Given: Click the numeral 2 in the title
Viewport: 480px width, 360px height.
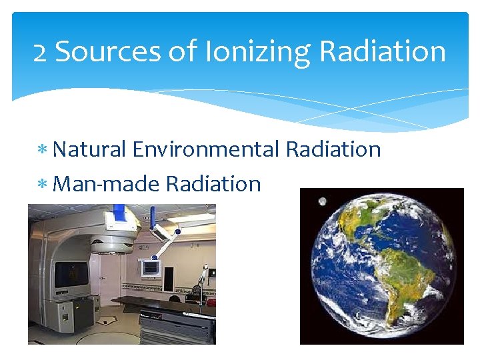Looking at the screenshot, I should [40, 52].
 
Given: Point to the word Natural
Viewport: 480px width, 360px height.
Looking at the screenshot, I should [89, 149].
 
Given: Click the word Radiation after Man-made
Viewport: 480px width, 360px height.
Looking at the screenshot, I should [213, 183].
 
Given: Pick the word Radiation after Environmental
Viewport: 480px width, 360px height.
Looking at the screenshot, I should [333, 149].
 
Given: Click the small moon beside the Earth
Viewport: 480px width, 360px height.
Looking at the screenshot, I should [323, 201].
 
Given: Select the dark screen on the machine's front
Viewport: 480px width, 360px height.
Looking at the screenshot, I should [71, 273].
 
